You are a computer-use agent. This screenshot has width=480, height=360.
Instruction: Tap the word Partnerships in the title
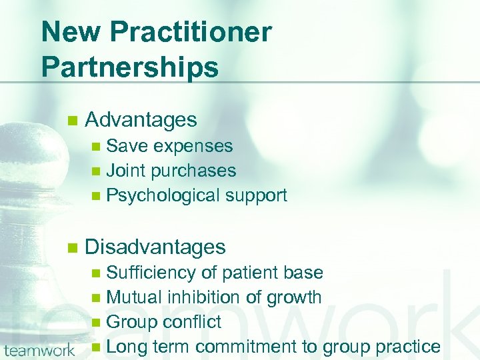tap(130, 67)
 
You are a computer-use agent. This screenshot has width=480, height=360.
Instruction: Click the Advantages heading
tap(141, 120)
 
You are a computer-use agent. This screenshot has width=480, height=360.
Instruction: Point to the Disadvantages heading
tap(155, 247)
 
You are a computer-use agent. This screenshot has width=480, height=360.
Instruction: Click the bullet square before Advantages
tap(72, 121)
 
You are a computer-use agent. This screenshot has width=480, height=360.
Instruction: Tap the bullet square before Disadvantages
tap(72, 248)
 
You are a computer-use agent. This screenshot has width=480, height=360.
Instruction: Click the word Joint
tap(126, 171)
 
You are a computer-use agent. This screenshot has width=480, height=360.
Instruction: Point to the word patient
tap(251, 273)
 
